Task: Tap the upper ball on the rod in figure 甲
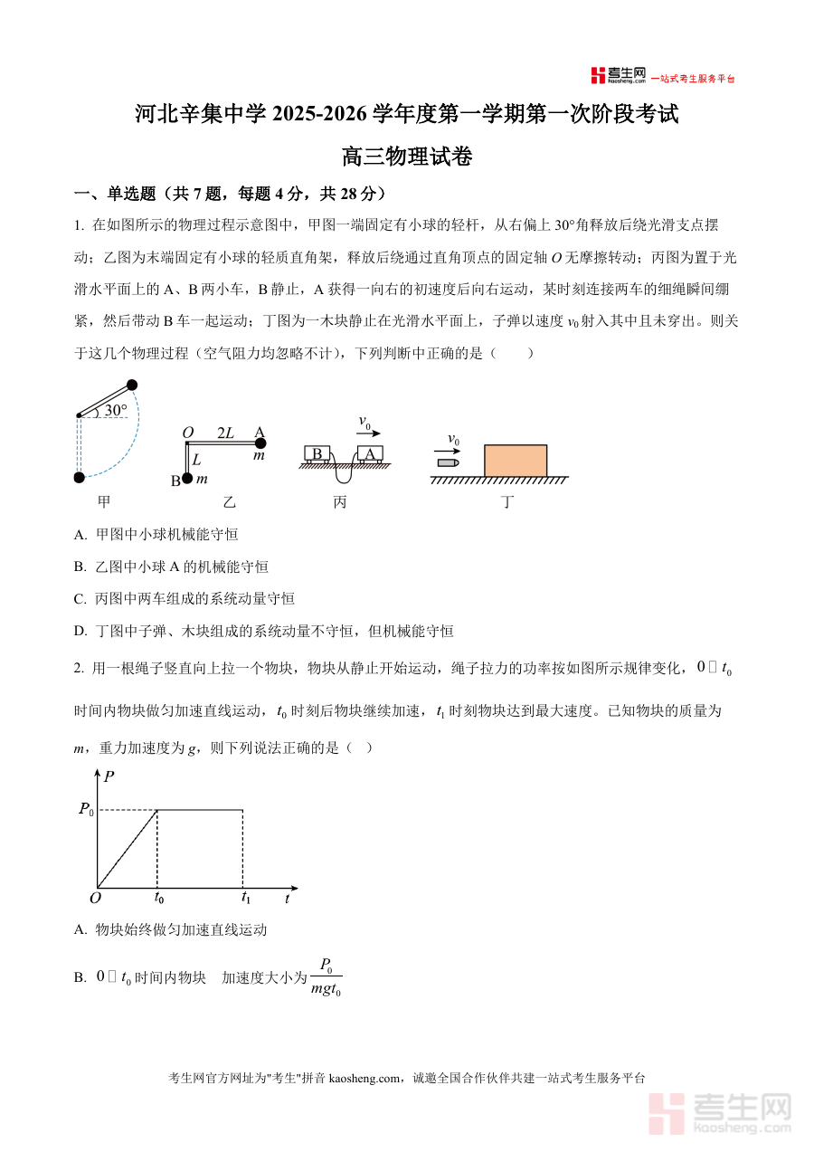132,385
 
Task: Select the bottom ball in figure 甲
79,477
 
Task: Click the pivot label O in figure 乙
188,433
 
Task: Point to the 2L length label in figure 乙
225,433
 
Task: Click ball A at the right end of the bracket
260,443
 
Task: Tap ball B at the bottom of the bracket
187,477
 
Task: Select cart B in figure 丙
317,453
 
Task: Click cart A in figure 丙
370,453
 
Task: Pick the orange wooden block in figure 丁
516,461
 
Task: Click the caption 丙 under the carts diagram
339,501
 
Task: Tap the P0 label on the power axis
87,810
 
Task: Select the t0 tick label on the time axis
158,899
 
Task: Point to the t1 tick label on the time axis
245,899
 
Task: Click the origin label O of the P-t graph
94,899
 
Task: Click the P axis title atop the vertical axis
109,776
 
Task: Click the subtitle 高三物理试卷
407,157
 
